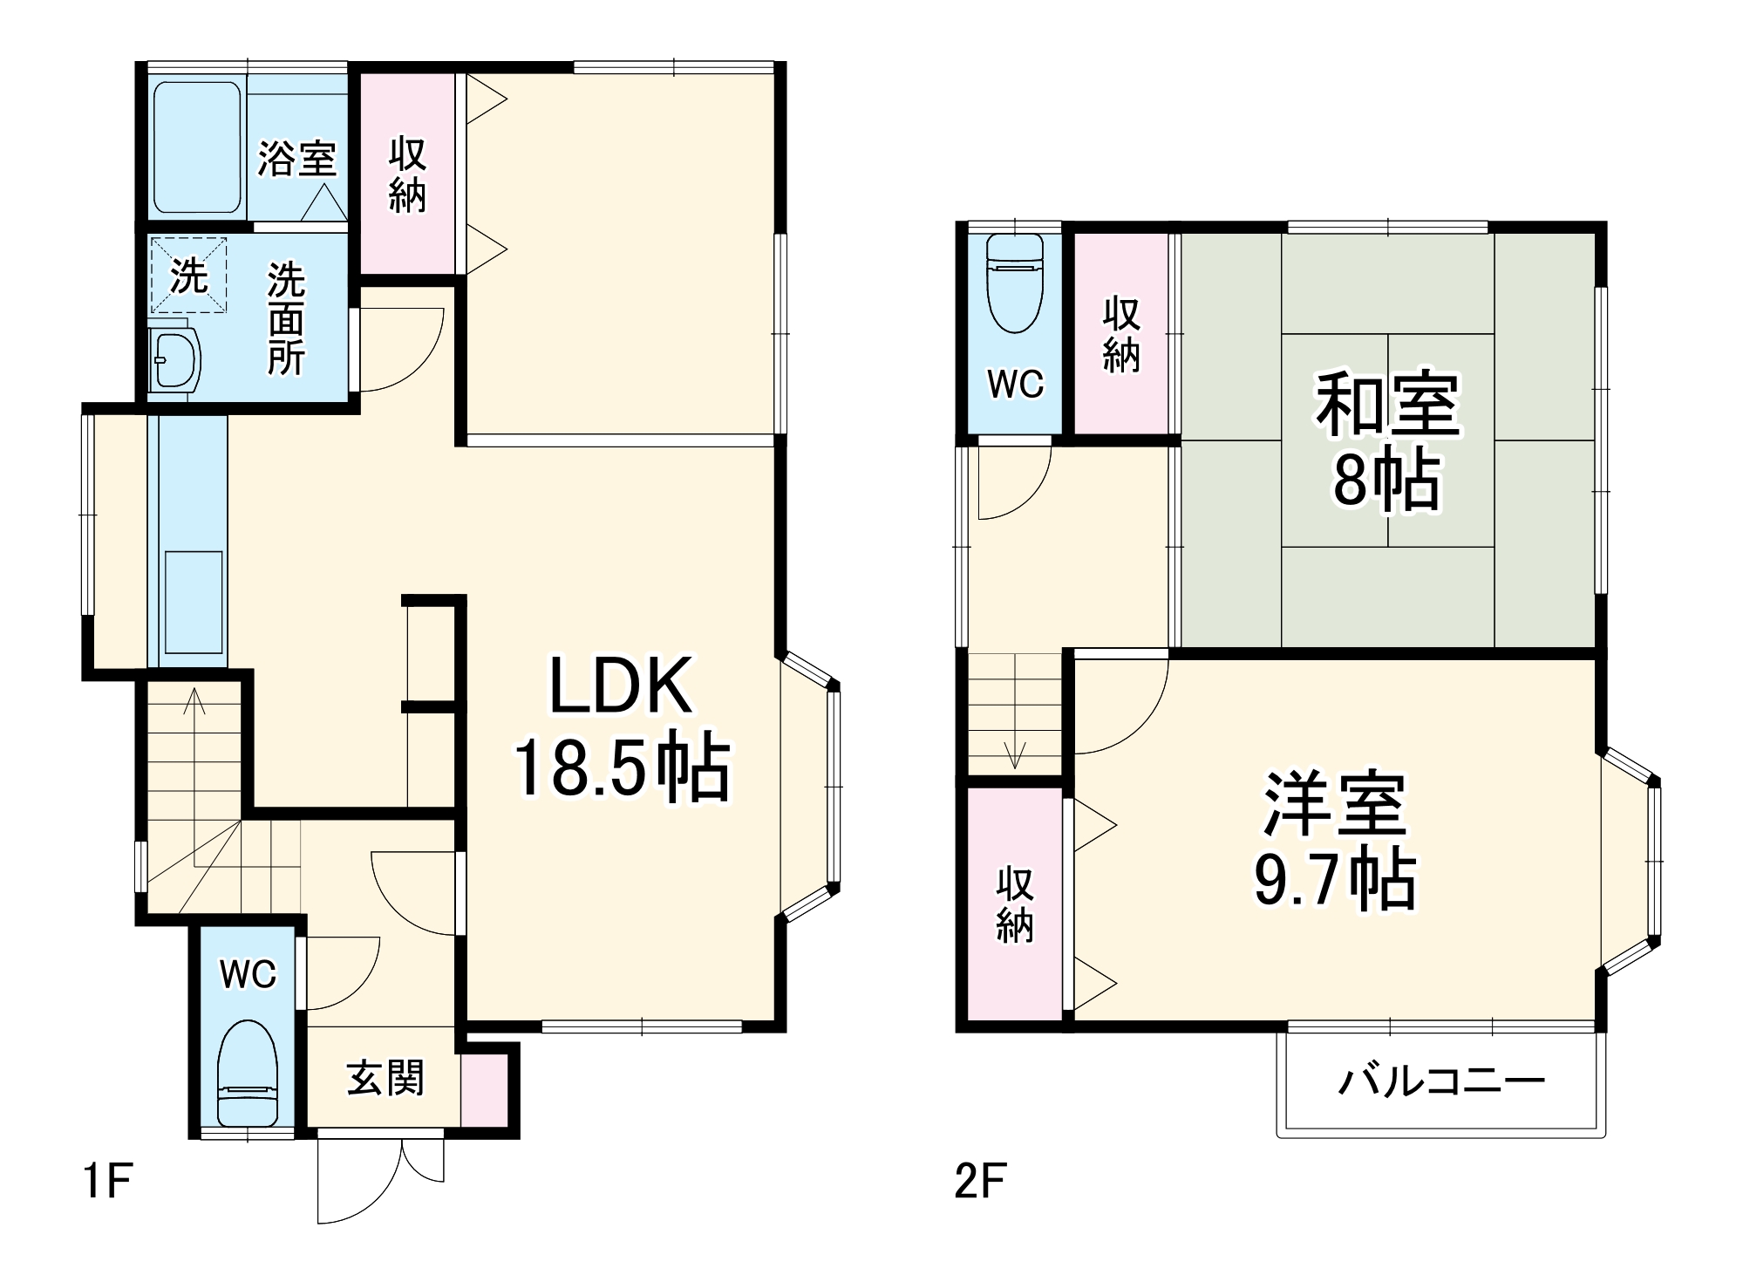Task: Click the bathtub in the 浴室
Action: point(197,147)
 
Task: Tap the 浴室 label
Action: point(296,159)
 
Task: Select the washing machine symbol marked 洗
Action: point(188,276)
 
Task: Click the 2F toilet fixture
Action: point(1015,283)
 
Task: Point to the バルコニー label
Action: point(1441,1082)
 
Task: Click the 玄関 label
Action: point(385,1078)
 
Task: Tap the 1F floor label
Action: point(106,1182)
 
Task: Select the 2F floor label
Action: point(980,1182)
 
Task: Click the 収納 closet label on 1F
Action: point(407,174)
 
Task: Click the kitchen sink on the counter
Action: point(193,601)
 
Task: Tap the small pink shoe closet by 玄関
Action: point(484,1089)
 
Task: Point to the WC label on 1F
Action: point(248,973)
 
